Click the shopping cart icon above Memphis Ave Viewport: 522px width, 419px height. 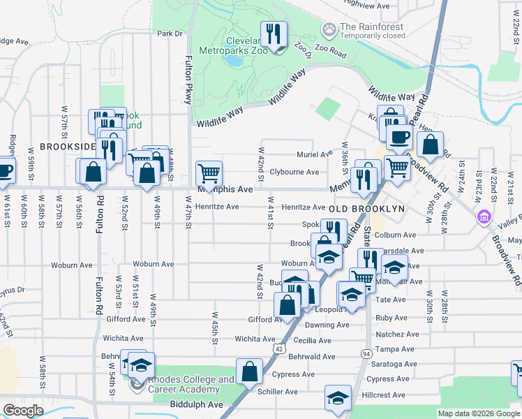coord(209,172)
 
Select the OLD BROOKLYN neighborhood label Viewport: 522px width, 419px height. coord(366,209)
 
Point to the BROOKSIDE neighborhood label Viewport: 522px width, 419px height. coord(67,147)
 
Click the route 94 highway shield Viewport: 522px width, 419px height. coord(366,354)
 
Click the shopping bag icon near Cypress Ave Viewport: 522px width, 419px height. coord(249,372)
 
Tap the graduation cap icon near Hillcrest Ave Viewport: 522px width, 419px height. coord(338,399)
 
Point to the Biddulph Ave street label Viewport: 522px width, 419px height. coord(196,404)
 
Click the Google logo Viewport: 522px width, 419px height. coord(23,411)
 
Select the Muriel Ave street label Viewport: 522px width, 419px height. coord(315,154)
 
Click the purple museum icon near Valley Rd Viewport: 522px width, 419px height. coord(482,217)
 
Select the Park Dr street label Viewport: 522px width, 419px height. coord(169,34)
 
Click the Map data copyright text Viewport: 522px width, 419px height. coord(478,413)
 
